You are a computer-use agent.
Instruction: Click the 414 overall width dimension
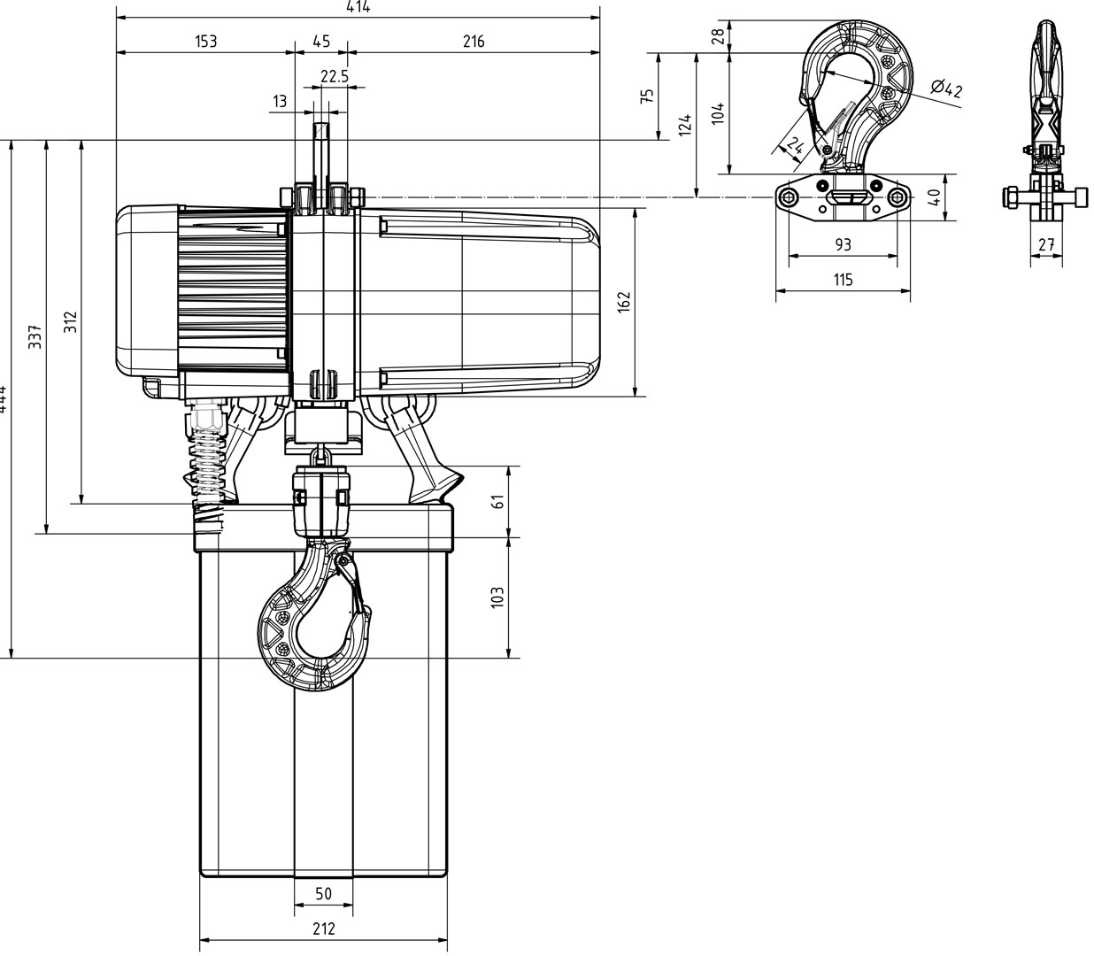tap(358, 7)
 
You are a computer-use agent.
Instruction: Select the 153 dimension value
tap(204, 42)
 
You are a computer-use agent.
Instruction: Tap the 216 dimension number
tap(474, 42)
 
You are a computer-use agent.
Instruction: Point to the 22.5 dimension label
tap(334, 77)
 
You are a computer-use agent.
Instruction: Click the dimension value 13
tap(280, 102)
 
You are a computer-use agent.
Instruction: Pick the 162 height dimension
tap(626, 303)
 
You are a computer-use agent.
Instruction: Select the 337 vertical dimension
tap(35, 337)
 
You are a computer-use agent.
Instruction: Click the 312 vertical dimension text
tap(71, 322)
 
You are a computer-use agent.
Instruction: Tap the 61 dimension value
tap(497, 500)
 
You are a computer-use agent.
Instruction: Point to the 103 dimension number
tap(497, 597)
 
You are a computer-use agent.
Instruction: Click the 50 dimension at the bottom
tap(323, 894)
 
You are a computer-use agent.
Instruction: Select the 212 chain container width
tap(323, 929)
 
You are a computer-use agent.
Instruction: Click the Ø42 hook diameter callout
tap(947, 89)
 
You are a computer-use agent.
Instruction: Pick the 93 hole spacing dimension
tap(843, 244)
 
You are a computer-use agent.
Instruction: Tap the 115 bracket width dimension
tap(843, 280)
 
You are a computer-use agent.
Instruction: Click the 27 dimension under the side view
tap(1046, 245)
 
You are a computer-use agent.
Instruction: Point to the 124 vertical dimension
tap(684, 125)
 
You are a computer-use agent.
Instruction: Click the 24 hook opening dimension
tap(794, 146)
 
